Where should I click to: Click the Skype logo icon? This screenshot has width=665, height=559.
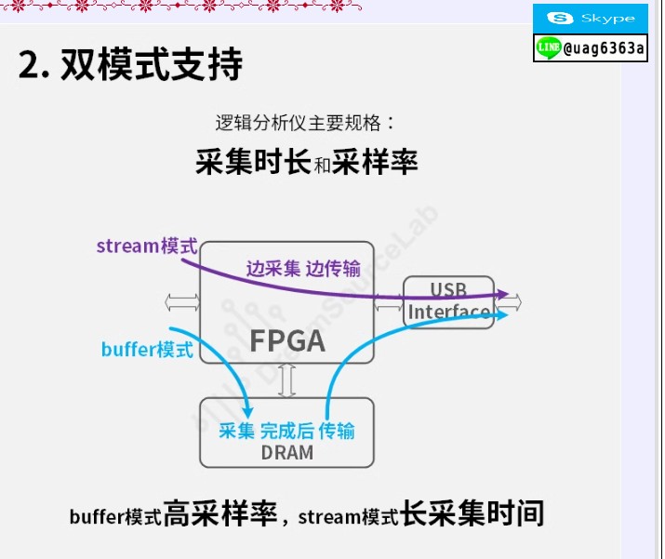560,19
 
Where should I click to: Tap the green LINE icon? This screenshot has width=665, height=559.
549,47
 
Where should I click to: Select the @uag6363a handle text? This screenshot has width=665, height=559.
604,48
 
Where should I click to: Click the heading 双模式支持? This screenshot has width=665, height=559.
152,64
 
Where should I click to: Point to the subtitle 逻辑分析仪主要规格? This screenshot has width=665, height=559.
299,123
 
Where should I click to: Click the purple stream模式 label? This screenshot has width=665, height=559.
147,246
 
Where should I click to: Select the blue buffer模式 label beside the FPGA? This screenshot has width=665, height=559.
147,350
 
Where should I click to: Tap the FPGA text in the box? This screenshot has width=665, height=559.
287,341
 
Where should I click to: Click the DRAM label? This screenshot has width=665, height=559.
287,453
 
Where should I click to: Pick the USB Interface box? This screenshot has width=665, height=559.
448,302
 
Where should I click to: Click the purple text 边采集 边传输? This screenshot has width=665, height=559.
303,269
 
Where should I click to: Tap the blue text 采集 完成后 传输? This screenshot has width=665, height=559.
286,431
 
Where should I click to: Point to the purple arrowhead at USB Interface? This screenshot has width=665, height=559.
503,294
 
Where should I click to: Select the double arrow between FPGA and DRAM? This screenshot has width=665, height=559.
287,380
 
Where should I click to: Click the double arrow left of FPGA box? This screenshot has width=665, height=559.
182,302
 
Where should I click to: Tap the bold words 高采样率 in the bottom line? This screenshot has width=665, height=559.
220,513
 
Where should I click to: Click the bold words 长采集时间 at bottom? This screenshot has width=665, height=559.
472,513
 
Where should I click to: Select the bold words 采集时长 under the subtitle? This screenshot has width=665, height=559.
254,162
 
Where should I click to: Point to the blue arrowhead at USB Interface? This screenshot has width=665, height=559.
502,314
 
